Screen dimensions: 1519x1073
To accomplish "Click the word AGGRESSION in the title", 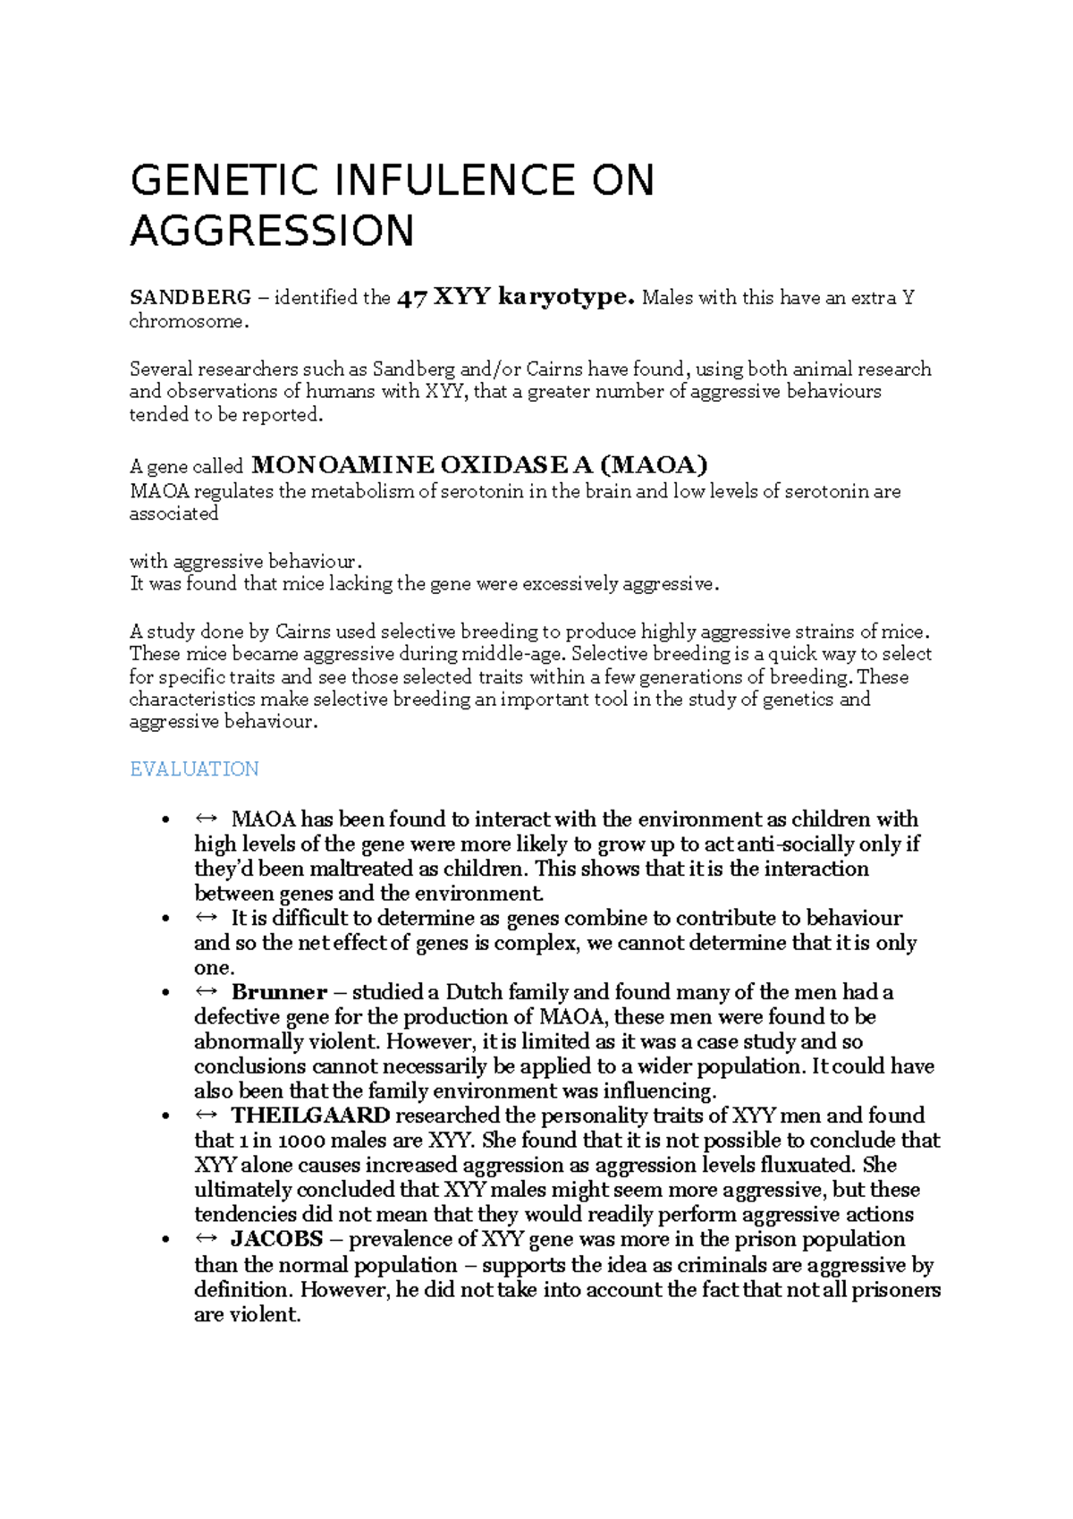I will click(x=272, y=231).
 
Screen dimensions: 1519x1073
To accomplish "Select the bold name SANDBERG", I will click(x=190, y=298).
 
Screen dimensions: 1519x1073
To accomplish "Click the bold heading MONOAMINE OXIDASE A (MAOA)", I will click(x=479, y=465).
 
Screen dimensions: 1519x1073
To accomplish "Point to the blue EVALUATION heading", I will click(x=194, y=769).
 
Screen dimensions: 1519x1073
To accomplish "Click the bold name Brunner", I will click(x=279, y=992).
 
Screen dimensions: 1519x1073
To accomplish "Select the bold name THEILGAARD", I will click(x=310, y=1116).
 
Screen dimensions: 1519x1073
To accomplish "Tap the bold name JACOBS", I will click(x=277, y=1239).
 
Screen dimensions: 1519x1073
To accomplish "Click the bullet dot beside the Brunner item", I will click(x=165, y=993).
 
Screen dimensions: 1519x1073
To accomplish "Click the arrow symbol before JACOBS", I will click(x=207, y=1239).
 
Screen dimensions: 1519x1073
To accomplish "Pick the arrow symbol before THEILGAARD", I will click(x=207, y=1116).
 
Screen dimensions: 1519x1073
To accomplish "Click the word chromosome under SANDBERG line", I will click(x=186, y=322).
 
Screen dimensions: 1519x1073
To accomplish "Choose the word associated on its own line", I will click(x=173, y=514).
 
